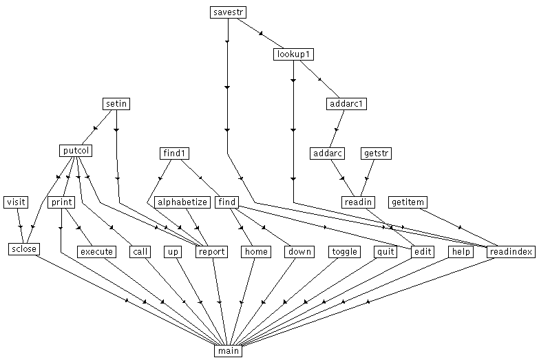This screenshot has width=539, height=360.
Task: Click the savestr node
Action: click(x=228, y=12)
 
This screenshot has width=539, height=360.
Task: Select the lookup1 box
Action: click(x=294, y=54)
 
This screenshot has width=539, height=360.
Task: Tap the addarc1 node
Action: click(x=346, y=104)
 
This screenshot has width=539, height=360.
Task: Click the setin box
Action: click(x=116, y=104)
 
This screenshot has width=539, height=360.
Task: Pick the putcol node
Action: click(x=76, y=150)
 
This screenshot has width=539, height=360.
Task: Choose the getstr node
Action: click(x=376, y=153)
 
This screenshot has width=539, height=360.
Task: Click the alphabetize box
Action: click(x=182, y=202)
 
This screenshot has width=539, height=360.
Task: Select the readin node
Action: click(x=358, y=202)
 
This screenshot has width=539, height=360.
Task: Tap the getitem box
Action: click(x=408, y=202)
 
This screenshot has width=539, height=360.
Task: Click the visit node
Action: click(x=16, y=202)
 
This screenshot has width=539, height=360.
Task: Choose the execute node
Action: click(x=96, y=252)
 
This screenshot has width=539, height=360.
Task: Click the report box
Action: click(x=211, y=252)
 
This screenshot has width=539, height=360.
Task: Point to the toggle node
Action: click(x=344, y=252)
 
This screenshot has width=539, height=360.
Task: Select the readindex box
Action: click(x=510, y=252)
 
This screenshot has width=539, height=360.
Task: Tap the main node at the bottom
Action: click(x=228, y=351)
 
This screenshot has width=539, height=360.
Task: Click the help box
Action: click(x=460, y=252)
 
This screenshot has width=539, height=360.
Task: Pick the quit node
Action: click(x=385, y=252)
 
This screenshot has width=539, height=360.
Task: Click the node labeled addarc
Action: click(x=327, y=153)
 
